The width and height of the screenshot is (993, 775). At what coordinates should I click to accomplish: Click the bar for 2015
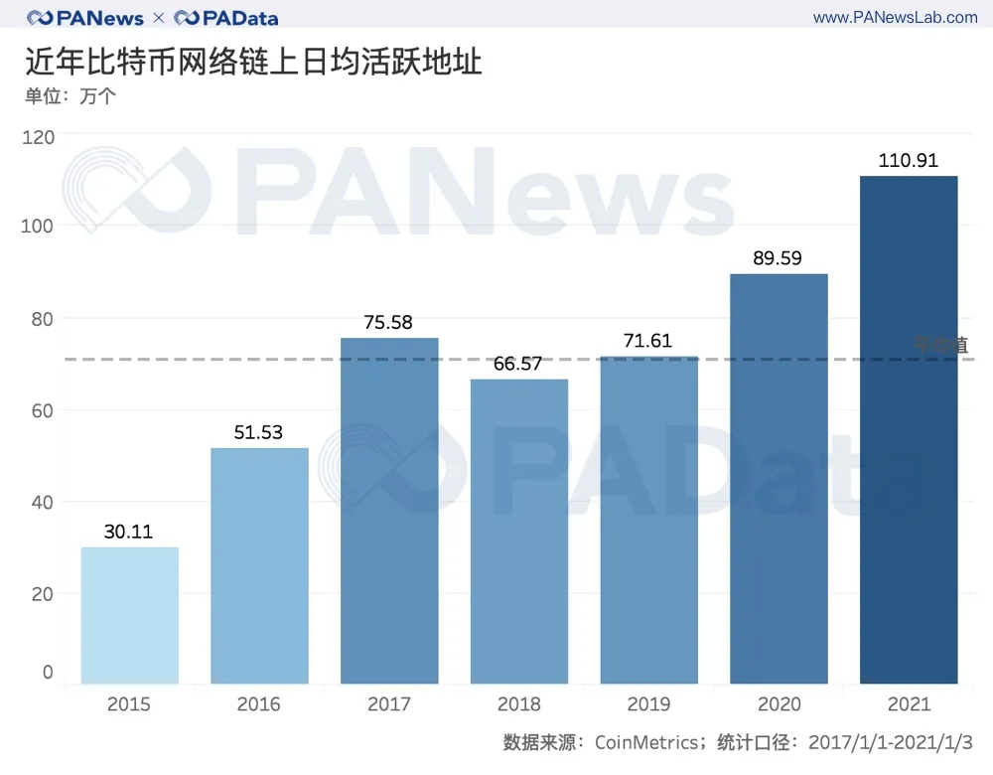pyautogui.click(x=129, y=615)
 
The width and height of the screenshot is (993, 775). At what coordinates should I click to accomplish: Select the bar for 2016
pyautogui.click(x=259, y=565)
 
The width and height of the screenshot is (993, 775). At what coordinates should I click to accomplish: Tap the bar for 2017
pyautogui.click(x=389, y=511)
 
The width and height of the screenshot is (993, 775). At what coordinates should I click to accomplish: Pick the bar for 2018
pyautogui.click(x=518, y=532)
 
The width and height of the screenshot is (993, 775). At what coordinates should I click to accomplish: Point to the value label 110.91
pyautogui.click(x=909, y=160)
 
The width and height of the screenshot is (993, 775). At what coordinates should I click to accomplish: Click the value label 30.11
pyautogui.click(x=129, y=532)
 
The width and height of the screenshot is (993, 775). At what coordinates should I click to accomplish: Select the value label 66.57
pyautogui.click(x=518, y=364)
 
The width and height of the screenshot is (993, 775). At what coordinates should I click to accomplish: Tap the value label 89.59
pyautogui.click(x=779, y=258)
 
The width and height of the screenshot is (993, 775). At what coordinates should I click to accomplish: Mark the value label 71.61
pyautogui.click(x=648, y=341)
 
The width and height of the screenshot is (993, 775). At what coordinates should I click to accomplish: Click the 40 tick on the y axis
pyautogui.click(x=42, y=502)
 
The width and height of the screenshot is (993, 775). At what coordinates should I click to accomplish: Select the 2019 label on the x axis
pyautogui.click(x=648, y=704)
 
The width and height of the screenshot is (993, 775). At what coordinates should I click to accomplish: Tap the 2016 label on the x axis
pyautogui.click(x=259, y=704)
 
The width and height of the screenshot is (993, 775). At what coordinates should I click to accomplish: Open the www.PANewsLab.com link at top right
pyautogui.click(x=895, y=18)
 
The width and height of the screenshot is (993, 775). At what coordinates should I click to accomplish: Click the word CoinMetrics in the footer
pyautogui.click(x=648, y=742)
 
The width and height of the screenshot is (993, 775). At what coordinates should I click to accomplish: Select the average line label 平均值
pyautogui.click(x=940, y=345)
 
